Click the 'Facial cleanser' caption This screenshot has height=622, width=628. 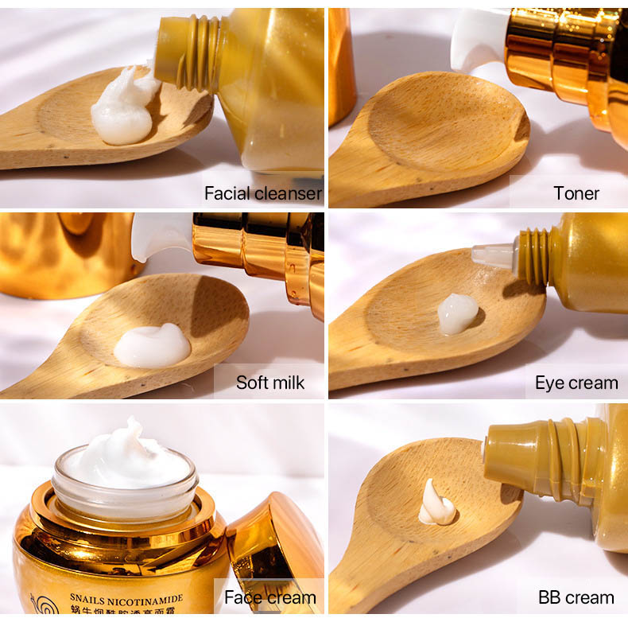262,193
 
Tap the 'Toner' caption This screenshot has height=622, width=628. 576,193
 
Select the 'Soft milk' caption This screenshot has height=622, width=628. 270,383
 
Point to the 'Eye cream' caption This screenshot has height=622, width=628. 576,383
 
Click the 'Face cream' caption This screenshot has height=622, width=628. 270,597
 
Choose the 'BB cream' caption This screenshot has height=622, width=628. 576,597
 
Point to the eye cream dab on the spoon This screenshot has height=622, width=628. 458,313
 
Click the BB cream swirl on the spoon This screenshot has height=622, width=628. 436,504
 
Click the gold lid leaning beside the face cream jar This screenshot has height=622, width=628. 275,541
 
